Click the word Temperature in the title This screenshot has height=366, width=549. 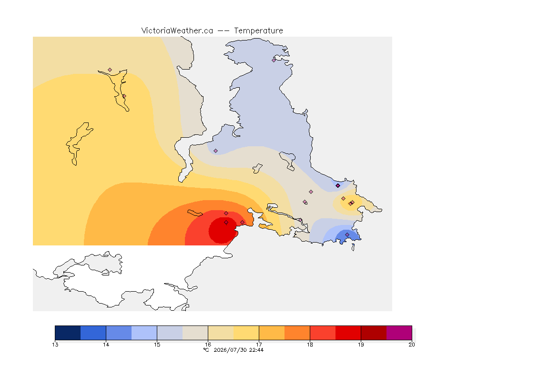(x=258, y=31)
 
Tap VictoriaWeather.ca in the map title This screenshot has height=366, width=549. (x=177, y=31)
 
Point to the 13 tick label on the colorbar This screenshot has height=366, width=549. (x=55, y=345)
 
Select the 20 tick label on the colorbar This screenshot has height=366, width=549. (x=412, y=345)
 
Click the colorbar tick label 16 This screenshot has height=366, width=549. (x=208, y=345)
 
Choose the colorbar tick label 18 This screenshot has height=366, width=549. (x=310, y=345)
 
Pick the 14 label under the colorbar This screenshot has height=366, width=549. (x=106, y=345)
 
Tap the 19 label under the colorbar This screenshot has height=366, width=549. (x=361, y=345)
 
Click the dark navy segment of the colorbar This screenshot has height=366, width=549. (x=68, y=333)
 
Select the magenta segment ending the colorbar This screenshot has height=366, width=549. (x=399, y=333)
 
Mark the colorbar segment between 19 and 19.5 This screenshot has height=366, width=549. (x=374, y=333)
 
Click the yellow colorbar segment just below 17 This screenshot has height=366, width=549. (x=246, y=333)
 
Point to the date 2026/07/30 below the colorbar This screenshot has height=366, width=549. (x=230, y=350)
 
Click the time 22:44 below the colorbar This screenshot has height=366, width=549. (x=256, y=350)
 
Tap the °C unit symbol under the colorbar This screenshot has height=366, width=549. (x=206, y=350)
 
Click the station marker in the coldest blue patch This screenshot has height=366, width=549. (x=347, y=234)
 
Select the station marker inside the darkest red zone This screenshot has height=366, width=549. (x=226, y=223)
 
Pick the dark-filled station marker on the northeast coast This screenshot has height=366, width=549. (x=337, y=186)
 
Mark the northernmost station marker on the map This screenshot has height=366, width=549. (x=274, y=60)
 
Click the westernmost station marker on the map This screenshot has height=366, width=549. (x=110, y=70)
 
